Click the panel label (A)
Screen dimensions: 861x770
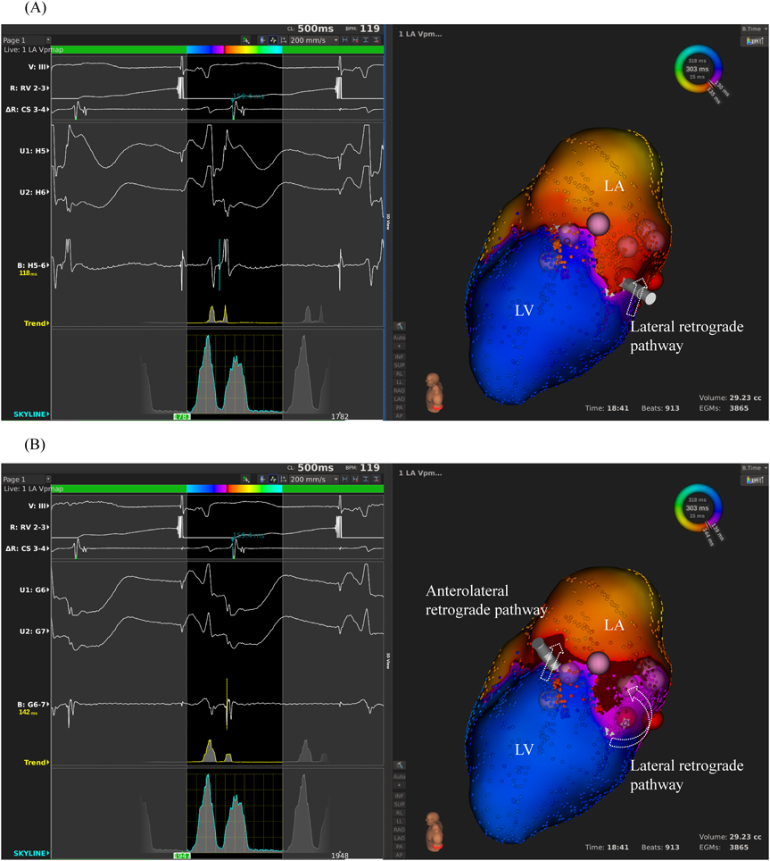coord(12,8)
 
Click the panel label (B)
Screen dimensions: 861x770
coord(12,445)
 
